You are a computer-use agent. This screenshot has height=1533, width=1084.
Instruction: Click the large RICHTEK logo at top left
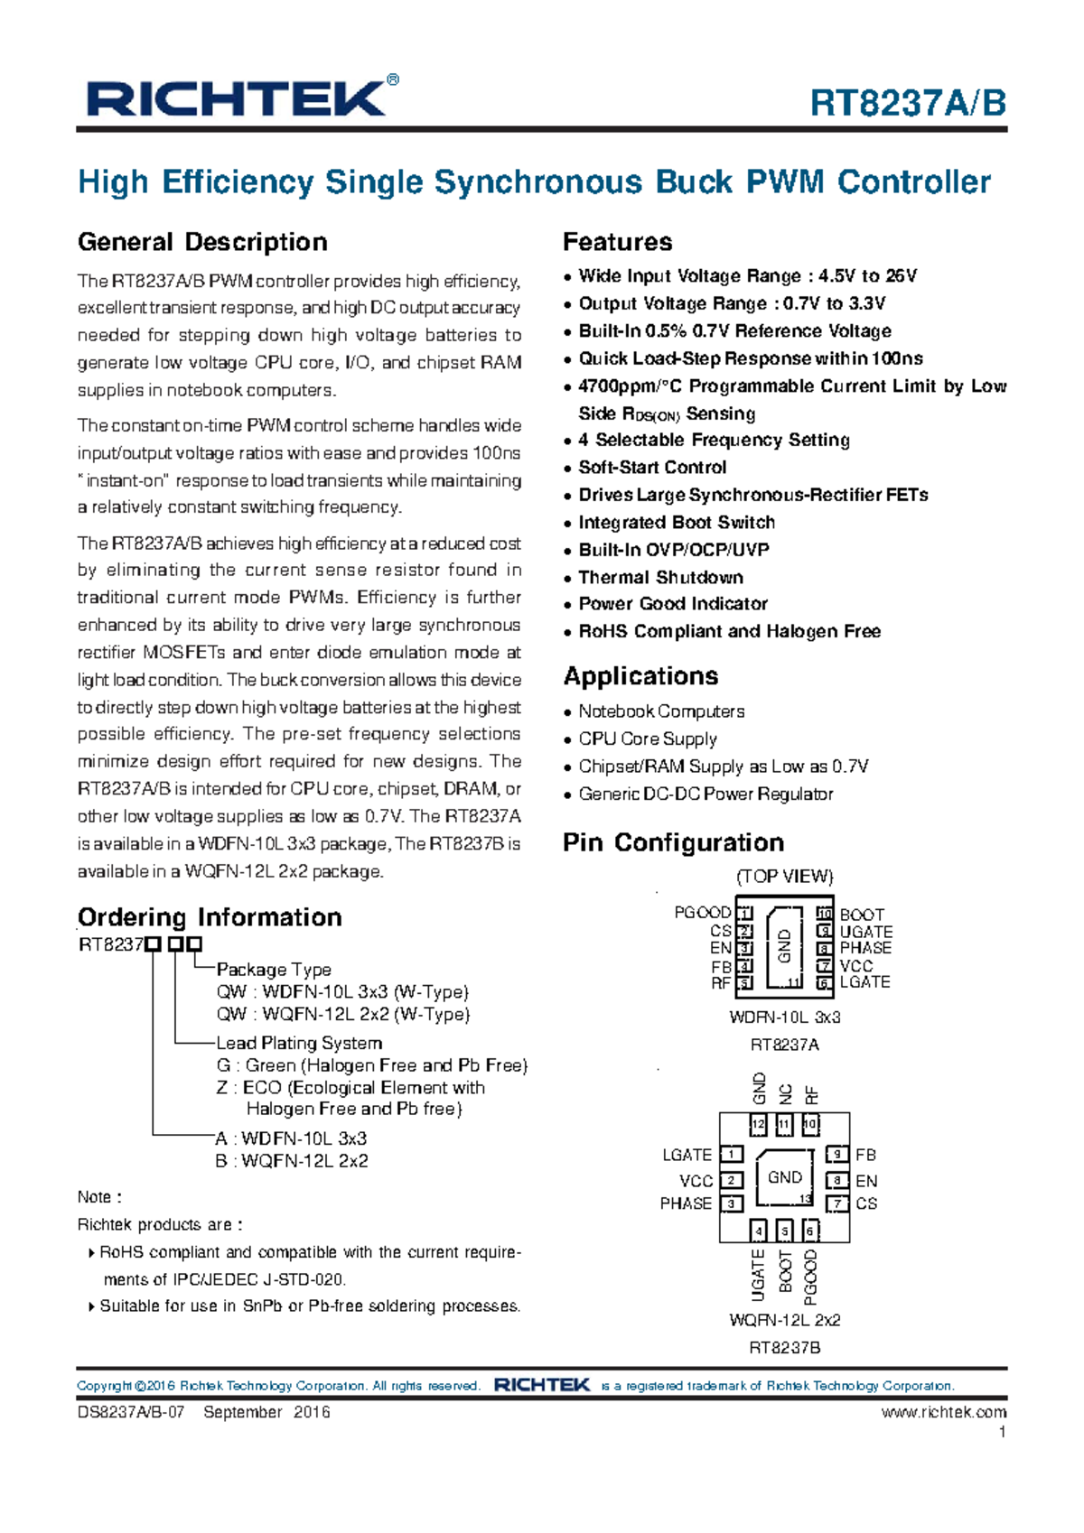(237, 98)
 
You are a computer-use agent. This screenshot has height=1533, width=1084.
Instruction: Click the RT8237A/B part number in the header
(907, 104)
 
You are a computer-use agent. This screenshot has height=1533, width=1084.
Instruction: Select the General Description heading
(202, 242)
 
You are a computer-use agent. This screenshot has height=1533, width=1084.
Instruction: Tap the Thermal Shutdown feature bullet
(660, 577)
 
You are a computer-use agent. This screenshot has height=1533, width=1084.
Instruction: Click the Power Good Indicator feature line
(673, 604)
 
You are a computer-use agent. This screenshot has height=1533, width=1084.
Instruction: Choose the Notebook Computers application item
(661, 711)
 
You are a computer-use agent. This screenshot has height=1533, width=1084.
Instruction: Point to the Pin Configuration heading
(673, 842)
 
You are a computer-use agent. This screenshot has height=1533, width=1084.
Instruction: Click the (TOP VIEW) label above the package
(784, 877)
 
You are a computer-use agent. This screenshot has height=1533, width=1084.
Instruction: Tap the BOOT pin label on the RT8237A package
(862, 915)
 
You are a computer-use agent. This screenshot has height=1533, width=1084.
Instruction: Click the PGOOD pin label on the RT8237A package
(702, 913)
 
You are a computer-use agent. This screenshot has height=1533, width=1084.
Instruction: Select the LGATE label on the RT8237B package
(687, 1155)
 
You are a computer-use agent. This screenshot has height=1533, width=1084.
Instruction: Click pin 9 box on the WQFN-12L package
(837, 1155)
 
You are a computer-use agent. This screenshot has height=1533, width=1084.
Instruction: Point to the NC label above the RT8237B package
(785, 1094)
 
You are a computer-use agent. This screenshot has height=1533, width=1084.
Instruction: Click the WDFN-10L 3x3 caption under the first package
(784, 1017)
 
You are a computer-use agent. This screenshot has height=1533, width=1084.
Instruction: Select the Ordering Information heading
(210, 917)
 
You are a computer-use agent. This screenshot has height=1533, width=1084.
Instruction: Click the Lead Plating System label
(299, 1043)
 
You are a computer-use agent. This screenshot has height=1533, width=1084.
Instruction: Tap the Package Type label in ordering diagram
(274, 970)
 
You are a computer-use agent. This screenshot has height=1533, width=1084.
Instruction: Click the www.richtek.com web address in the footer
(943, 1412)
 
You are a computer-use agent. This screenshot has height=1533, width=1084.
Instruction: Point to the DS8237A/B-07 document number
(131, 1412)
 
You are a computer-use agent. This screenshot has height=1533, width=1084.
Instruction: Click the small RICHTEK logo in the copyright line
(542, 1385)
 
